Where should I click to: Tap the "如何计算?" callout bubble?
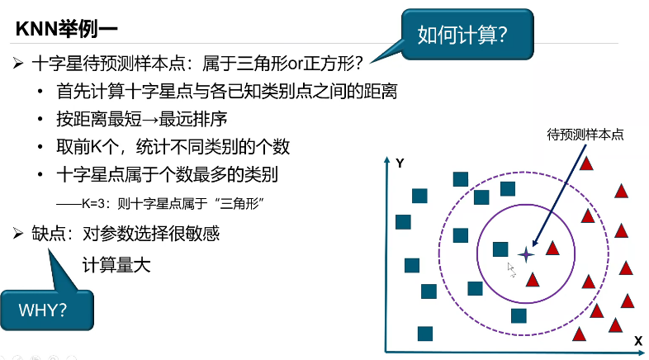point(462,36)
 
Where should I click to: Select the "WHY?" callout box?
point(46,310)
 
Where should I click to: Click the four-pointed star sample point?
point(525,254)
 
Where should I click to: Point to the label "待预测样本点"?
point(585,133)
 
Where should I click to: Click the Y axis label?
point(400,163)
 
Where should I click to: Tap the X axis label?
point(637,340)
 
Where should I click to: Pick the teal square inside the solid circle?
point(500,249)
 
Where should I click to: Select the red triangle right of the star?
point(552,248)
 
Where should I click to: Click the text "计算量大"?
point(116,266)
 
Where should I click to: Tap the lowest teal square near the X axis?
point(425,334)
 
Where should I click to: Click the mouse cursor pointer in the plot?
point(510,268)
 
